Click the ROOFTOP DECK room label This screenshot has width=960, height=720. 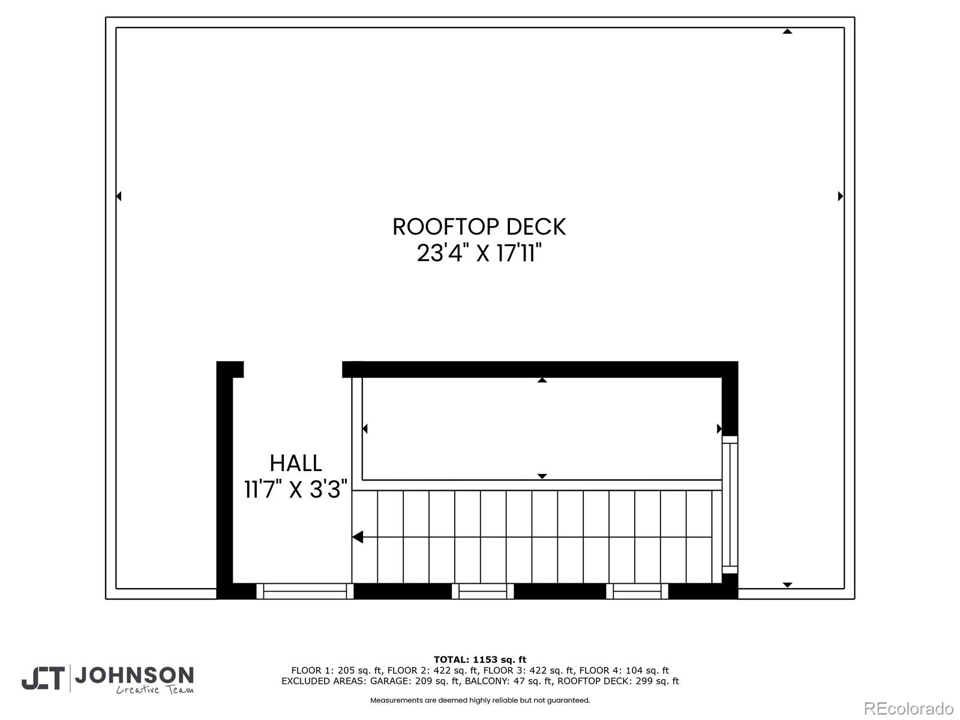coord(479,227)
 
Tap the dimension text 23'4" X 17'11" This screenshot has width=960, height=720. coord(479,253)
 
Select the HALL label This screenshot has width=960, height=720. coord(296,463)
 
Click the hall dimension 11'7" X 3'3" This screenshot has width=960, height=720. coord(296,490)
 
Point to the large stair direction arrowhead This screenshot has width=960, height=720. coord(358,537)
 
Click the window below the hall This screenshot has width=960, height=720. coord(305,591)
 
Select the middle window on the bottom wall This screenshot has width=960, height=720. coord(482,591)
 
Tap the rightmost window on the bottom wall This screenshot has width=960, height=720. coord(637,591)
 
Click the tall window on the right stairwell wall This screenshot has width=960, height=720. coord(730,504)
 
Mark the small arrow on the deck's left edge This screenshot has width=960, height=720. coord(119,196)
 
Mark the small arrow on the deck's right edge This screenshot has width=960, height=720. coord(841,196)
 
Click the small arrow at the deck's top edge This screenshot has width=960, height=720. coord(787,31)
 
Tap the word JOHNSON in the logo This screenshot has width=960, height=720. coord(134,676)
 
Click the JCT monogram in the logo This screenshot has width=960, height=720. coord(43,679)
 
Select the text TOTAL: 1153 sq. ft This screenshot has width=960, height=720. coord(480,659)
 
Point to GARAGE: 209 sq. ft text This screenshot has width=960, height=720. coord(414,681)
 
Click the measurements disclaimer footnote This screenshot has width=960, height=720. coord(480,700)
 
